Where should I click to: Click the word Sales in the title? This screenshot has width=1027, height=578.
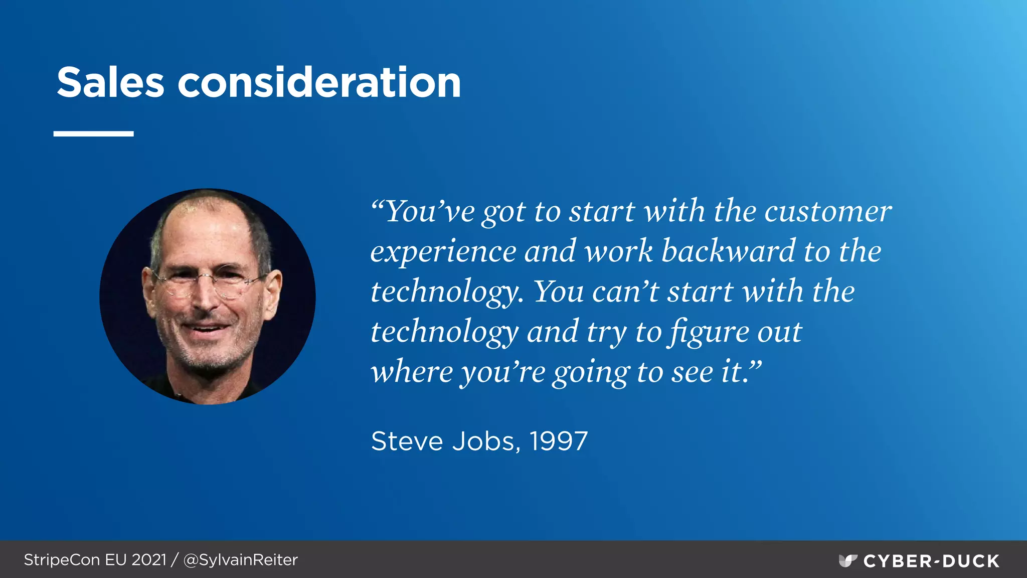(110, 82)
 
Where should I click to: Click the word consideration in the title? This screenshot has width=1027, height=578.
(319, 82)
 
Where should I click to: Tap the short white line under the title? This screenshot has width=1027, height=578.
(93, 134)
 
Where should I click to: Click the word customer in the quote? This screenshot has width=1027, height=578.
(828, 212)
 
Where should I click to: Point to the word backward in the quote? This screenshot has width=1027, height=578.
(728, 251)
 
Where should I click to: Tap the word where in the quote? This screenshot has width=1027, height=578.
(412, 372)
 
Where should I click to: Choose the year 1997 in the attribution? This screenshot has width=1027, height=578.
(559, 442)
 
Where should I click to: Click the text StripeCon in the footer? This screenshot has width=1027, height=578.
(62, 560)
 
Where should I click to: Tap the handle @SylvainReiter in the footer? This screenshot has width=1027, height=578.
(241, 560)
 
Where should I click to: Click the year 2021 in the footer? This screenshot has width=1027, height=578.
(149, 560)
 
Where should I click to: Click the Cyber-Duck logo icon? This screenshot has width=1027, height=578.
(847, 560)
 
